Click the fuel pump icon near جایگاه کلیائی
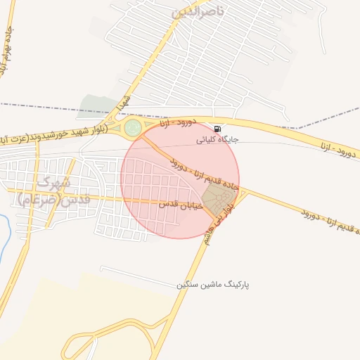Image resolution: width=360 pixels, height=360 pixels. click(x=217, y=129)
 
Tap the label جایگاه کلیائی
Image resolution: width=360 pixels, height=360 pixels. click(x=217, y=139)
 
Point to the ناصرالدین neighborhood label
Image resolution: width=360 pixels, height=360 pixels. click(x=200, y=12)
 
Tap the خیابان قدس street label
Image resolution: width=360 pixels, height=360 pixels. click(x=180, y=204)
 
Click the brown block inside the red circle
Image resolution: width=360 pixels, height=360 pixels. click(x=218, y=195)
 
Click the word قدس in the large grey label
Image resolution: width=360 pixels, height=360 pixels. click(x=76, y=200)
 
